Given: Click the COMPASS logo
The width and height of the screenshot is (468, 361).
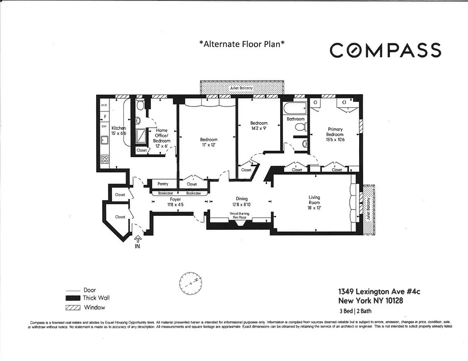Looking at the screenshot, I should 385,50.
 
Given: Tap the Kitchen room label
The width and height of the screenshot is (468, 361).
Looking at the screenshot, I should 119,131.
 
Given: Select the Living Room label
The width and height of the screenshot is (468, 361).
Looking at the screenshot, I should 314,200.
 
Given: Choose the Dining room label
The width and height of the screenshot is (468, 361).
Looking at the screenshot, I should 242,201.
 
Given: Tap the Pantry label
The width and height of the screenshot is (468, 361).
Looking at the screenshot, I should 163,184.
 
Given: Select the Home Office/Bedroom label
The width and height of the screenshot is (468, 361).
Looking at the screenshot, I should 162,136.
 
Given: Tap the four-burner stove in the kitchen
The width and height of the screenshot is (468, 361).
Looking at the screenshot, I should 104,159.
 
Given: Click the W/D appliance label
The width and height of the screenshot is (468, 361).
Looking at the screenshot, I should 104,105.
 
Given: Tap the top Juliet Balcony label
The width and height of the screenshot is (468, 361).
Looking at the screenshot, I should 241,88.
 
